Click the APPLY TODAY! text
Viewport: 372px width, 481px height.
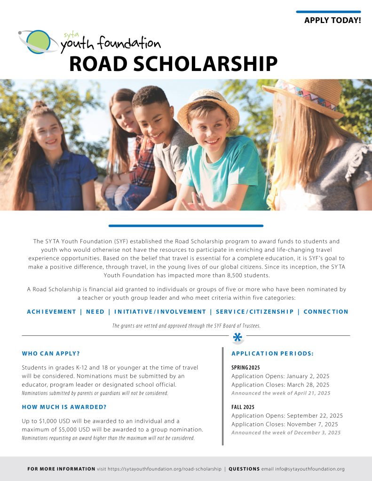pyautogui.click(x=332, y=21)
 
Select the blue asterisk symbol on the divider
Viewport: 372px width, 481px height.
pyautogui.click(x=238, y=337)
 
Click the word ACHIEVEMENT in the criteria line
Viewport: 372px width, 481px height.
pyautogui.click(x=51, y=311)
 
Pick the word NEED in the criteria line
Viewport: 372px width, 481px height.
pyautogui.click(x=95, y=311)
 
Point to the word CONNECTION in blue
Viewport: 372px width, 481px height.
pyautogui.click(x=326, y=311)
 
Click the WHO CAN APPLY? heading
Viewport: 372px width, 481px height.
pyautogui.click(x=54, y=353)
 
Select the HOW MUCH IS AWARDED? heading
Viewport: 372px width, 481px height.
pyautogui.click(x=64, y=407)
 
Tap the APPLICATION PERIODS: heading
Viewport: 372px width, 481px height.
pyautogui.click(x=273, y=353)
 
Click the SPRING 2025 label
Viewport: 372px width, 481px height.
pyautogui.click(x=246, y=367)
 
